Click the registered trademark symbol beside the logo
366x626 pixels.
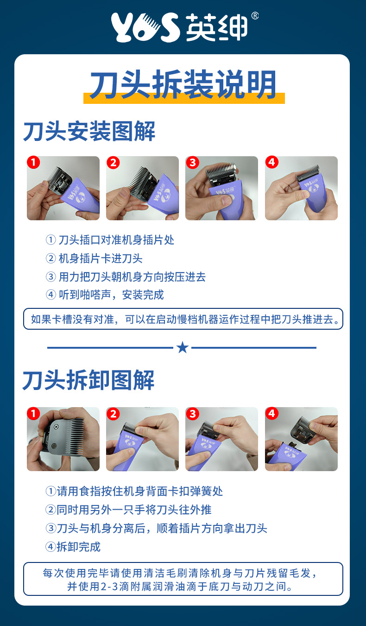[x=255, y=16]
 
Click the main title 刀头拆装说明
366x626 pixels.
[x=183, y=84]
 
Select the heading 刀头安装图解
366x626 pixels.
[x=89, y=131]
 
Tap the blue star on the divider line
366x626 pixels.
[x=183, y=347]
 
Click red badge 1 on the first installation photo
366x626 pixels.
[x=33, y=162]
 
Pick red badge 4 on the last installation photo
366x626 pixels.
[x=271, y=162]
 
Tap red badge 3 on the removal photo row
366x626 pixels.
[x=192, y=414]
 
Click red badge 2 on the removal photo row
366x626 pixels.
[x=113, y=414]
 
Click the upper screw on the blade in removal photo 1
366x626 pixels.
[x=56, y=427]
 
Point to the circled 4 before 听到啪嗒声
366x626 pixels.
[x=50, y=294]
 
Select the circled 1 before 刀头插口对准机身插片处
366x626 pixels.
[x=50, y=240]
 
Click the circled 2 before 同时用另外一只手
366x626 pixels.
[x=50, y=510]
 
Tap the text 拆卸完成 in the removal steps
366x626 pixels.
[x=78, y=547]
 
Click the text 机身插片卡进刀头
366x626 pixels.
[x=101, y=258]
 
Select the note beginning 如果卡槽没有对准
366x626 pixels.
[x=183, y=319]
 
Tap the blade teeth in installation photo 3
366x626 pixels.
[x=221, y=168]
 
